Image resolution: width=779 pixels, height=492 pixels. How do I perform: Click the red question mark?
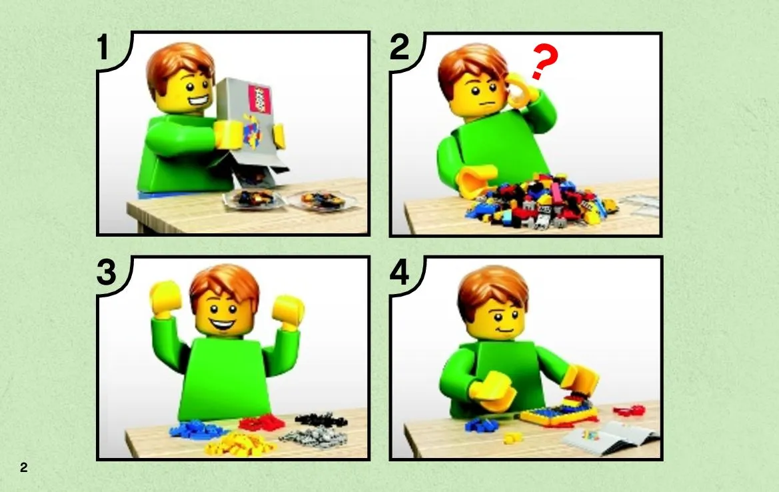click(x=544, y=61)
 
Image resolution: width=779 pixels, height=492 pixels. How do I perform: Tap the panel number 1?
click(x=103, y=47)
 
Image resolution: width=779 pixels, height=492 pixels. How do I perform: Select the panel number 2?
click(x=399, y=47)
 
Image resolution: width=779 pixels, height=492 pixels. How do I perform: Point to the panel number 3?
click(x=107, y=273)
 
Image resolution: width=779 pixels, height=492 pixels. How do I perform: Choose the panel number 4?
click(x=400, y=273)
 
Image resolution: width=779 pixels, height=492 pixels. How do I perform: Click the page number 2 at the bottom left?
click(x=24, y=467)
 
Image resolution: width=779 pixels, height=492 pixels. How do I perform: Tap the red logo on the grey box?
click(x=259, y=99)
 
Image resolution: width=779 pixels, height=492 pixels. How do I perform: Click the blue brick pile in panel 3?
click(x=196, y=430)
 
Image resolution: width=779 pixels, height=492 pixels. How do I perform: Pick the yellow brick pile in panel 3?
click(x=239, y=444)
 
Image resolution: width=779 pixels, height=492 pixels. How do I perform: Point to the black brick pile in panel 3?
click(x=321, y=421)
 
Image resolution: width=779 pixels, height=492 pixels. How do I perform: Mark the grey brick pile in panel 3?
click(x=314, y=438)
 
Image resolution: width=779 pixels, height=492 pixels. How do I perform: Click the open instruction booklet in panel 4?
click(x=611, y=437)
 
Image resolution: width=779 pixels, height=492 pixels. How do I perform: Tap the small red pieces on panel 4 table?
click(x=629, y=411)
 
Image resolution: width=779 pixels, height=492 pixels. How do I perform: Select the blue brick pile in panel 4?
click(x=481, y=425)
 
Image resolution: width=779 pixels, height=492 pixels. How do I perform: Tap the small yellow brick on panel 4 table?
click(x=512, y=437)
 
